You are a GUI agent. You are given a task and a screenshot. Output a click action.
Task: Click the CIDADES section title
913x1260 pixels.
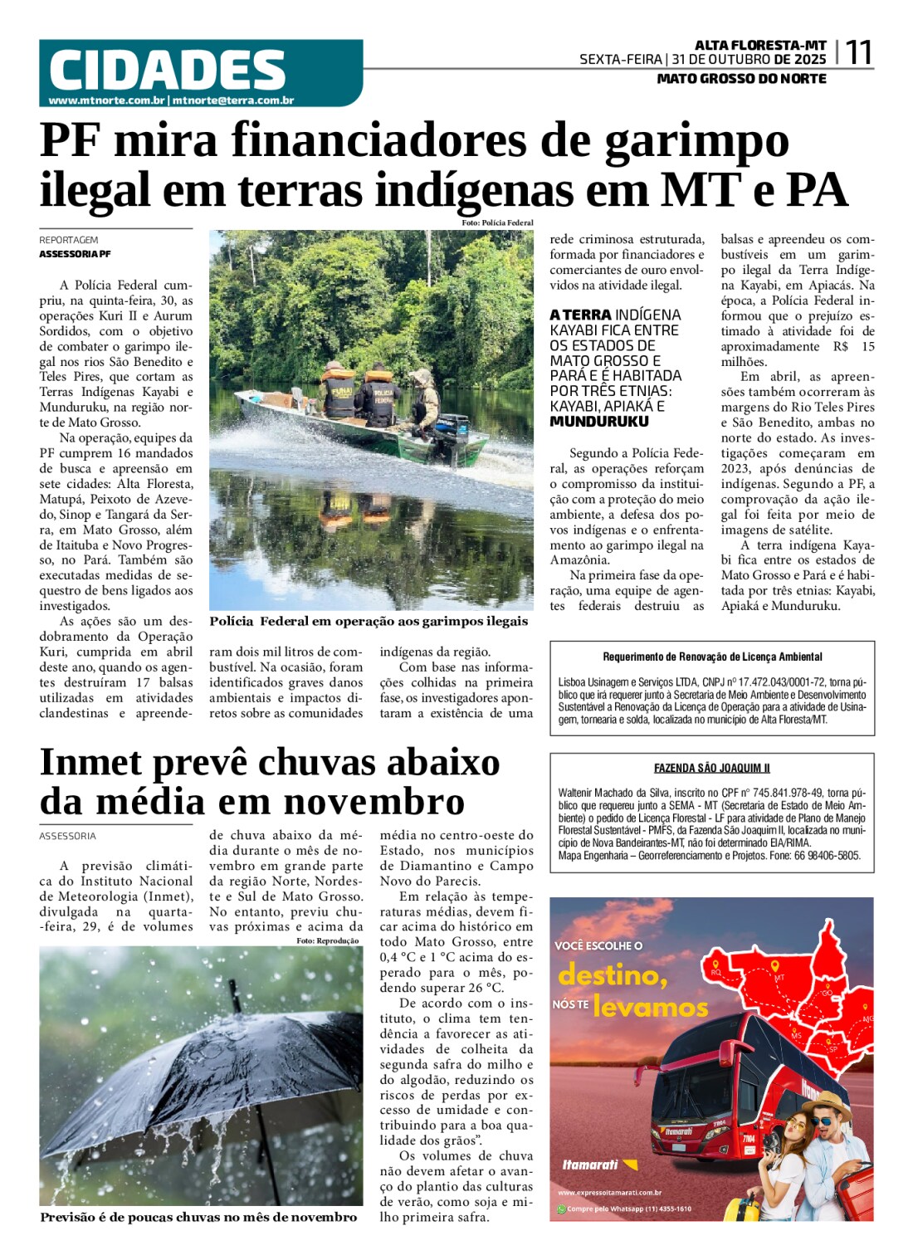[x=167, y=70]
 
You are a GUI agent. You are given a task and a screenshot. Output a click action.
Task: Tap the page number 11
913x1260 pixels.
[x=858, y=53]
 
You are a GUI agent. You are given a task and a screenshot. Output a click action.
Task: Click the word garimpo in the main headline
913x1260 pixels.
[x=696, y=139]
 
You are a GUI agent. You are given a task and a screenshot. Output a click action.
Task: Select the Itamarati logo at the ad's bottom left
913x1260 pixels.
[x=590, y=1165]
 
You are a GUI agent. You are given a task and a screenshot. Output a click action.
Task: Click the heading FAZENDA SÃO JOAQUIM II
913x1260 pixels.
[x=711, y=769]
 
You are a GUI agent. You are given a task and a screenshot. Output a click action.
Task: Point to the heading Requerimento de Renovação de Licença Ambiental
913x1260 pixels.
[x=712, y=657]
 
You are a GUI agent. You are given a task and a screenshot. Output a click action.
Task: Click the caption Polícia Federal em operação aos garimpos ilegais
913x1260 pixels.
[x=369, y=622]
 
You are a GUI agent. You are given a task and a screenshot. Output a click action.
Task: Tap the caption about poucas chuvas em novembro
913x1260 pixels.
[x=198, y=1217]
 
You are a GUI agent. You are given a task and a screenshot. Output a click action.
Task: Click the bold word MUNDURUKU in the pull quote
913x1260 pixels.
[x=599, y=422]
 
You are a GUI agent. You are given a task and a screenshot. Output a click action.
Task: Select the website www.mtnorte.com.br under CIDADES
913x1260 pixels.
[x=106, y=100]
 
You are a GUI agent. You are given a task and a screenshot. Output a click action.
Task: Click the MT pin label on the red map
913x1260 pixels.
[x=779, y=978]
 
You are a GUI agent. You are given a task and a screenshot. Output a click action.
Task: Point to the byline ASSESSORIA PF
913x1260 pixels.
[x=75, y=254]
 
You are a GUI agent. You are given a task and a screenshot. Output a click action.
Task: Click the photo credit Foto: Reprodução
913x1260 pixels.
[x=327, y=940]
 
